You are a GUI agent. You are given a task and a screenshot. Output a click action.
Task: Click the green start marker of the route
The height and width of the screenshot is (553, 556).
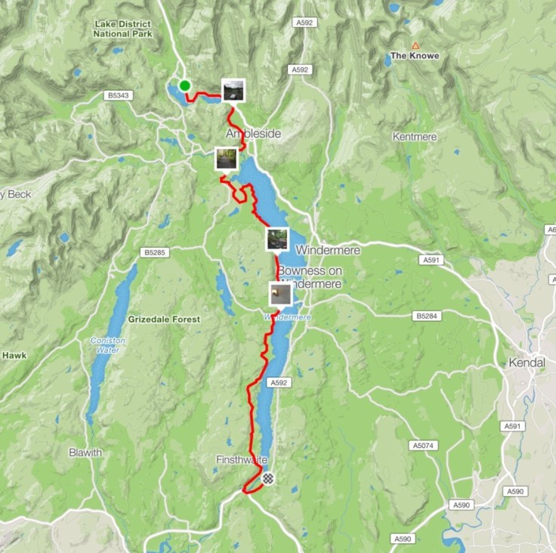coord(184,85)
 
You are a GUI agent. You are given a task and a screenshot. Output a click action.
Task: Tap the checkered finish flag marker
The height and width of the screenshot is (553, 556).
coord(268,477)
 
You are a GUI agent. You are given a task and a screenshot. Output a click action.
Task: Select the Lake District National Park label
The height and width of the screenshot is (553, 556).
coord(123,29)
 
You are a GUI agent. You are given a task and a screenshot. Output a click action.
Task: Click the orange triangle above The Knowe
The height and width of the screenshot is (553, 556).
coord(415,45)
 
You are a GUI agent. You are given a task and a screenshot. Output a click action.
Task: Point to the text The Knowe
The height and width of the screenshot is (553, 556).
coord(414,56)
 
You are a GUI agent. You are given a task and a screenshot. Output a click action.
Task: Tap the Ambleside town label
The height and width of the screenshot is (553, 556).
coord(253,134)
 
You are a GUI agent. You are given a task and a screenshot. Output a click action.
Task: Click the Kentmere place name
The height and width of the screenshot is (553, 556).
coord(415,137)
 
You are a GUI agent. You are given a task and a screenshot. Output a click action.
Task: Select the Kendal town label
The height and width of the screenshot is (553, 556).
coord(527,363)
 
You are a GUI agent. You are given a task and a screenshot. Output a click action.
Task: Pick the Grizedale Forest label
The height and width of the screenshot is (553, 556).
coord(164,320)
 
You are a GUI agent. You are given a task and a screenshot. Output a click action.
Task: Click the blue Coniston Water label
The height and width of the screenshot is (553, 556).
coord(108,344)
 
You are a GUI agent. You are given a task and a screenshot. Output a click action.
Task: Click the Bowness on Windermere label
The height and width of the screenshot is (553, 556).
coord(309,277)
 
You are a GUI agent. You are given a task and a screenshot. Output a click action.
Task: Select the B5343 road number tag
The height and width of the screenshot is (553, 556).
coord(117,96)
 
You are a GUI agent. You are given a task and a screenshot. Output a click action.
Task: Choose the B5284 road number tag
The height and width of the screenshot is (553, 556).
coord(427,316)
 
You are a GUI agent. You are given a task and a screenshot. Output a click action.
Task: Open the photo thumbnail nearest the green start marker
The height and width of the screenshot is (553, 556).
coord(233,90)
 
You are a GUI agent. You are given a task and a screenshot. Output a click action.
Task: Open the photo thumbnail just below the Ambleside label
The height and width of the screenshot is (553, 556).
coord(226,159)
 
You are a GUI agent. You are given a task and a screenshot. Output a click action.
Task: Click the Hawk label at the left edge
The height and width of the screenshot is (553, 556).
coord(14,355)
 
